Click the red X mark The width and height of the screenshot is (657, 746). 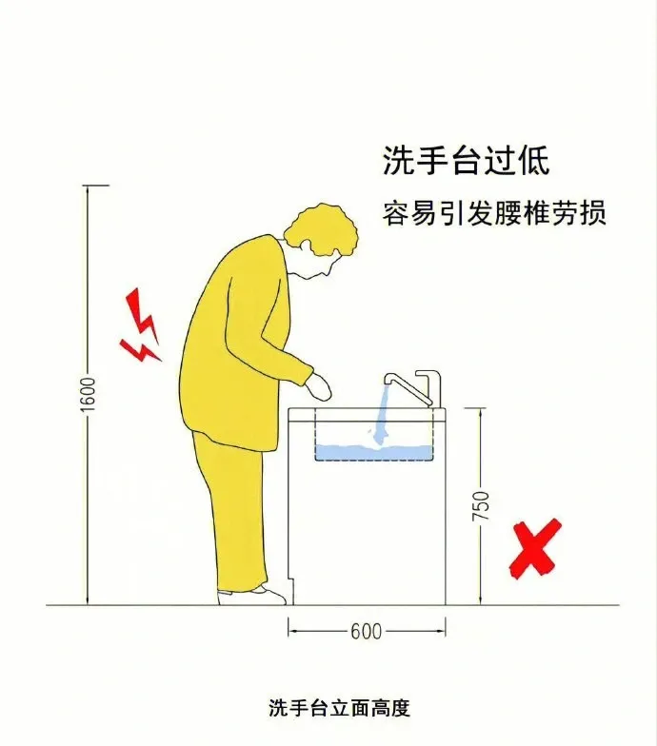click(535, 548)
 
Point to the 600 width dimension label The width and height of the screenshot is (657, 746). click(366, 632)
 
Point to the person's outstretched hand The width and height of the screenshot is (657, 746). click(319, 386)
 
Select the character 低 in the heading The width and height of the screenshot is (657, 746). click(534, 160)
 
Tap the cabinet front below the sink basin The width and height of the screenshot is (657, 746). click(367, 533)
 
